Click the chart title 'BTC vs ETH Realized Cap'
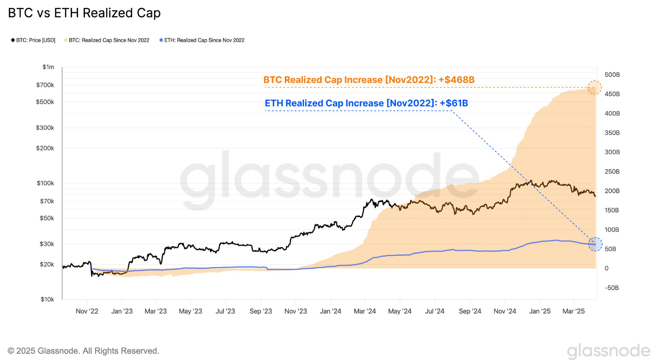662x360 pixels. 84,13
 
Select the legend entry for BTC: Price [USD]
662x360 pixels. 33,40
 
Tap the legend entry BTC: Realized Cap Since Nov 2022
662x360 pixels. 106,40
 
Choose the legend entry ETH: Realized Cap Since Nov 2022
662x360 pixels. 202,40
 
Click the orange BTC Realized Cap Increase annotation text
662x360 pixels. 369,80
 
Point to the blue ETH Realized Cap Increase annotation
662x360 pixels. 366,103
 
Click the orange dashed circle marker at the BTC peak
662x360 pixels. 594,88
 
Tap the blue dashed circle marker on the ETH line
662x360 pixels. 595,244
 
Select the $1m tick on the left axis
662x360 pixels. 49,67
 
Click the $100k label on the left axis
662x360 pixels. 45,183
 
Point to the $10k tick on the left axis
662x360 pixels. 47,299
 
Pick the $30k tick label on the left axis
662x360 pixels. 47,244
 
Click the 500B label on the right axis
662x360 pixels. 612,75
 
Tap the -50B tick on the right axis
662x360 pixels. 612,288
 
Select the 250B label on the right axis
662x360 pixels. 612,171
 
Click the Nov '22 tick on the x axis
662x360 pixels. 87,311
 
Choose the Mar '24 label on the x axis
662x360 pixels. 365,311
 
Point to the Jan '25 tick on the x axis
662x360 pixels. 540,311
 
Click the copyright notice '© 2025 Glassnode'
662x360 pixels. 83,351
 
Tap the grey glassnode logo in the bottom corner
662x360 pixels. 608,351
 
